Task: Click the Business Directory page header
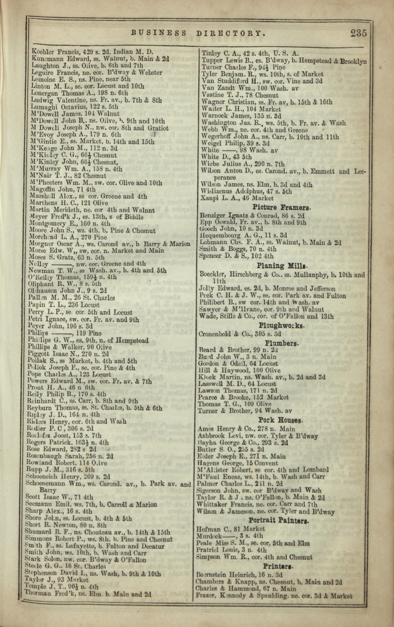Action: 198,33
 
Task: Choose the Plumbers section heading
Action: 282,342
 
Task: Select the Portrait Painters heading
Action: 278,520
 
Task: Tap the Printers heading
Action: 280,566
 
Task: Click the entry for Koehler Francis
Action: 92,52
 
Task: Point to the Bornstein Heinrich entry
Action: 238,574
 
